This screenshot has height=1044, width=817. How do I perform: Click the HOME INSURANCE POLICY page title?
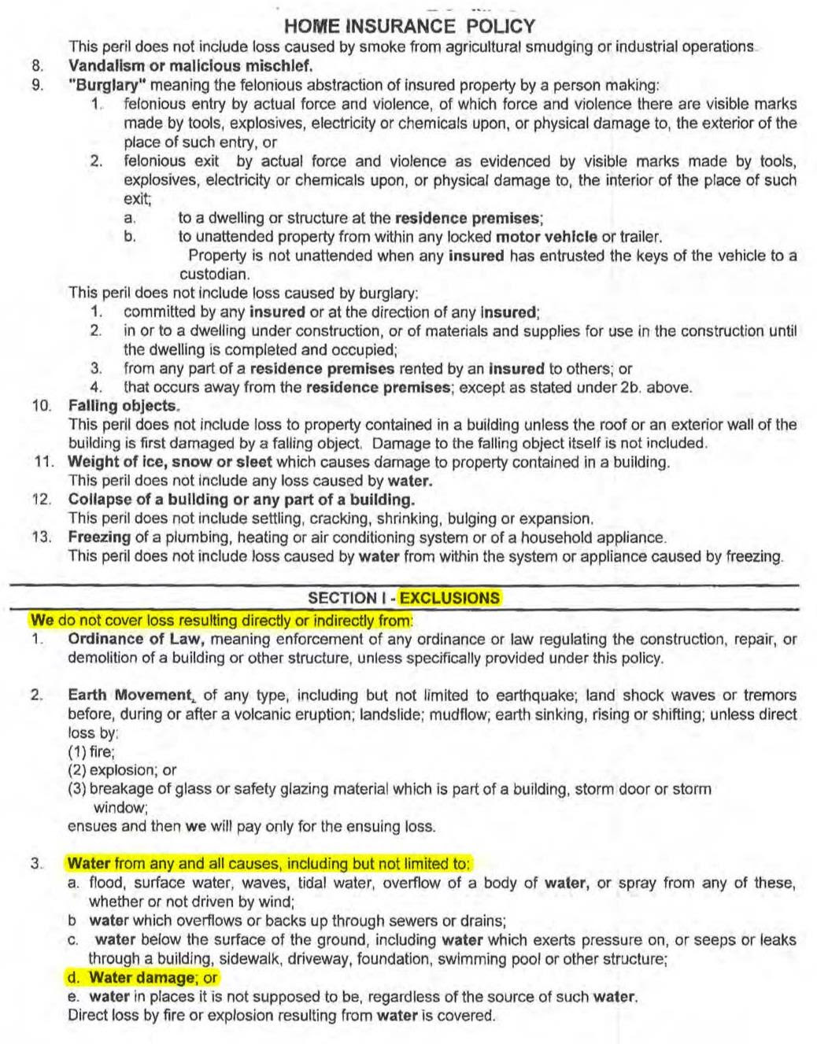pyautogui.click(x=409, y=27)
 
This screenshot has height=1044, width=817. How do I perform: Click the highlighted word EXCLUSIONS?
pyautogui.click(x=449, y=598)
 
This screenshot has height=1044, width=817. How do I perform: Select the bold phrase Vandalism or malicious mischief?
pyautogui.click(x=190, y=66)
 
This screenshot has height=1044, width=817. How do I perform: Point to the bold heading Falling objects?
pyautogui.click(x=124, y=406)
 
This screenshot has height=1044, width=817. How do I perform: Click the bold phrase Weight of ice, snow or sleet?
pyautogui.click(x=170, y=462)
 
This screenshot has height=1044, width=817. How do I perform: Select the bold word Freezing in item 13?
pyautogui.click(x=99, y=537)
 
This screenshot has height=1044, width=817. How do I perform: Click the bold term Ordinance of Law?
pyautogui.click(x=137, y=639)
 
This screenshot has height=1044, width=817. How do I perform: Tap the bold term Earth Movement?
pyautogui.click(x=130, y=695)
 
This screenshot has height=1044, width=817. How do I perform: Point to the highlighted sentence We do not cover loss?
pyautogui.click(x=221, y=620)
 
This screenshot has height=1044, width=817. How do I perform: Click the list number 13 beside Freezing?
pyautogui.click(x=42, y=537)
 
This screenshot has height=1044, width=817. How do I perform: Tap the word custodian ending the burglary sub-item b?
pyautogui.click(x=214, y=275)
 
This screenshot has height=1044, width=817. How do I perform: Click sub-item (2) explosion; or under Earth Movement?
pyautogui.click(x=122, y=770)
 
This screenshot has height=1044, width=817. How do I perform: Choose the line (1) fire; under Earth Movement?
pyautogui.click(x=91, y=751)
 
